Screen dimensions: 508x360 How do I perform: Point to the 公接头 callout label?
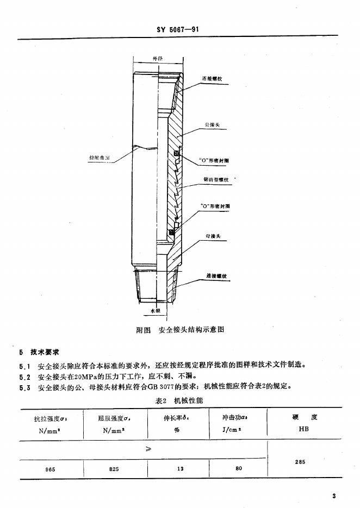[x=212, y=124]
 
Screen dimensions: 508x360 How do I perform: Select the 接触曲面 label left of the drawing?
[x=100, y=158]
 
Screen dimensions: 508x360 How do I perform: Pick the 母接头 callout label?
[x=212, y=236]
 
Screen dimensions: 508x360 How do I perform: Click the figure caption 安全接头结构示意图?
[x=191, y=330]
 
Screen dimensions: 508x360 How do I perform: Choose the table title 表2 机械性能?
[x=179, y=400]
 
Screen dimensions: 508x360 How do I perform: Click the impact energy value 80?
[x=239, y=468]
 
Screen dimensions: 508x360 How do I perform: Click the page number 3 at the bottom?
[x=334, y=496]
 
